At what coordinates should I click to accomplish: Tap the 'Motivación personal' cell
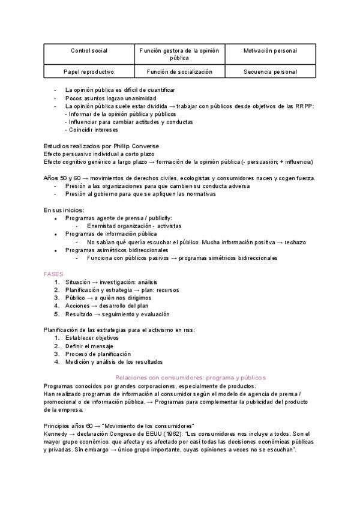coord(270,52)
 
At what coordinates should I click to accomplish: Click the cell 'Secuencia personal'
coord(270,71)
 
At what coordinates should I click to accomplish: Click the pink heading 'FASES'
coord(53,274)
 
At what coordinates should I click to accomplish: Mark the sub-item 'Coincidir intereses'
coord(93,130)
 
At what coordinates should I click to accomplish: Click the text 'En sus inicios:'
coord(64,210)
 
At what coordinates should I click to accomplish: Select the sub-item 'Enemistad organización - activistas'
coord(134,226)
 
